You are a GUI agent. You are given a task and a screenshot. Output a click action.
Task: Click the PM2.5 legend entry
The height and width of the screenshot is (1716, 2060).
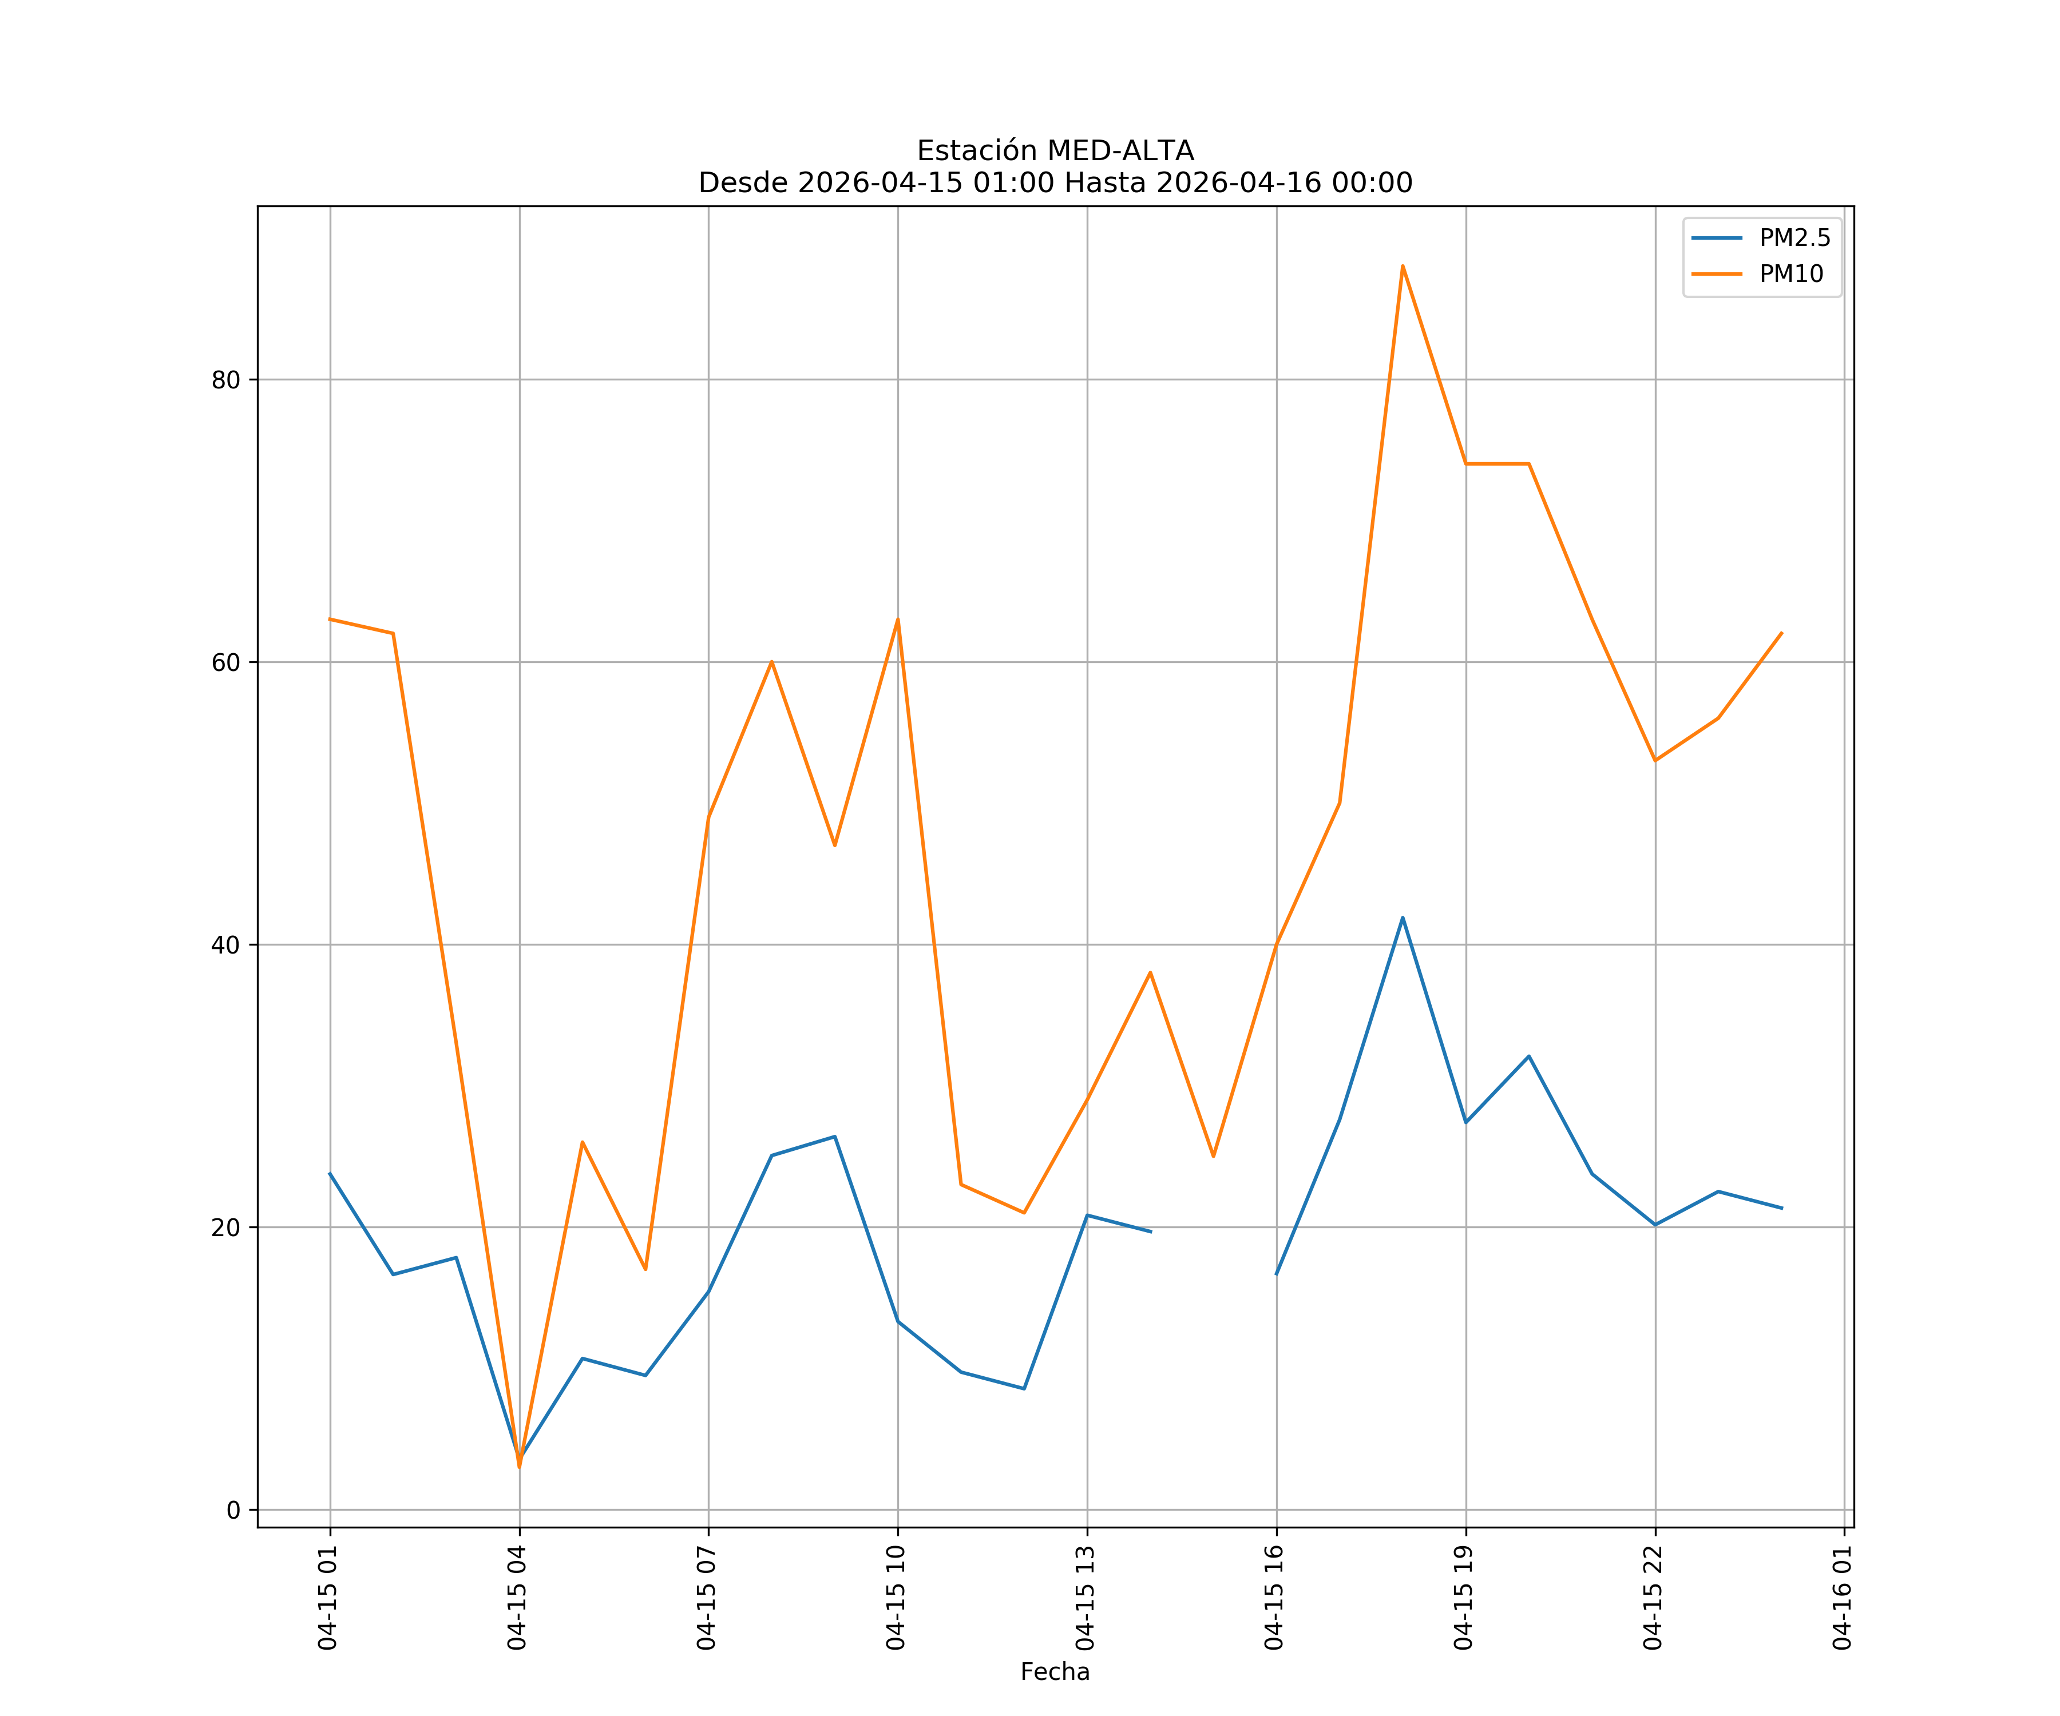coord(1794,239)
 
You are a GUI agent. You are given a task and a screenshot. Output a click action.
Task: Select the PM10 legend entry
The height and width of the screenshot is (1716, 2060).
coord(1791,275)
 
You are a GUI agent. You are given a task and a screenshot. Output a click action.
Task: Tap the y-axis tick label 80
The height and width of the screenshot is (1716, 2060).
coord(225,380)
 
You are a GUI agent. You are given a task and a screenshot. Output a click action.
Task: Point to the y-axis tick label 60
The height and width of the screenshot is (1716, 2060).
coord(225,663)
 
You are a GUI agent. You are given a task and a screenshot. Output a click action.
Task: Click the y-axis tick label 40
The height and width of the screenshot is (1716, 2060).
coord(225,946)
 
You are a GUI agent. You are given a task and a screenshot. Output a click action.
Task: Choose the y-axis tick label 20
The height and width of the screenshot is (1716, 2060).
coord(225,1228)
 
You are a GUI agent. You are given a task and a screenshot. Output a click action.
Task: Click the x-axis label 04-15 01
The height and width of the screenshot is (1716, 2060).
coord(328,1598)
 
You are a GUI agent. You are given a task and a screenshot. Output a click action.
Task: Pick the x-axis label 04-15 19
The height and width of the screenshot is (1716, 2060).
coord(1464,1598)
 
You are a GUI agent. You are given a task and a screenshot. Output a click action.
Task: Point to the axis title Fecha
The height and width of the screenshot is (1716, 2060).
coord(1055,1672)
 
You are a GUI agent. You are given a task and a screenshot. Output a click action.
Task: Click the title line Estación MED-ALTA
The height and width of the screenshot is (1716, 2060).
coord(1055,151)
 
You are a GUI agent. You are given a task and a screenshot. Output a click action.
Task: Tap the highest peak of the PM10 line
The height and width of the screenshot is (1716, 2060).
coord(1403,266)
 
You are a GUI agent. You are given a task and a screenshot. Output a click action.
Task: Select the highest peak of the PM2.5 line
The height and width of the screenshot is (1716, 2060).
coord(1403,918)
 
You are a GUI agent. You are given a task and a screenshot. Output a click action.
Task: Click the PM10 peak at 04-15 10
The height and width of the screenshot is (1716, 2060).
coord(898,619)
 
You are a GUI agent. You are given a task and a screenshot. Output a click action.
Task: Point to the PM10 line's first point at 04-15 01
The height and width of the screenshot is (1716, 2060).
coord(331,619)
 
